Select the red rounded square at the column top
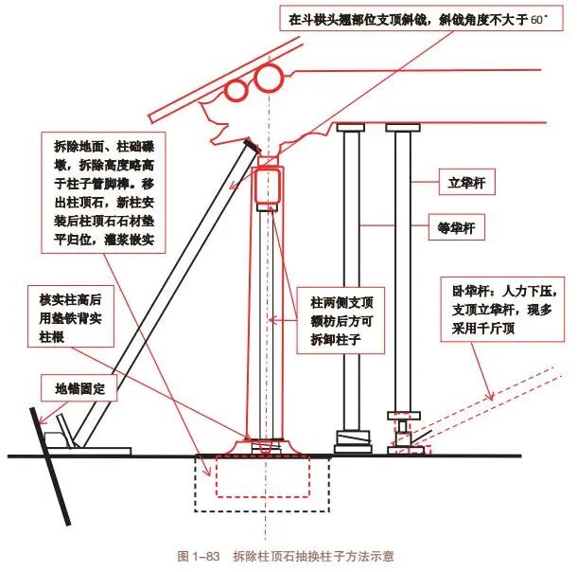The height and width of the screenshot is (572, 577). pos(271,187)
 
